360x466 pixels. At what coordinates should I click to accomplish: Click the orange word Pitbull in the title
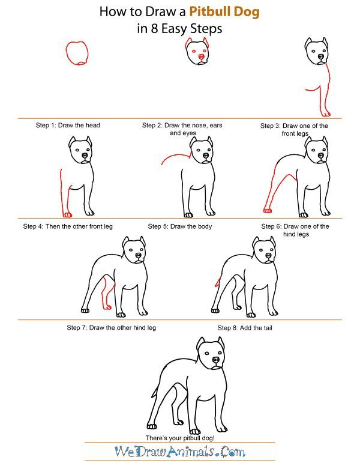tap(209, 12)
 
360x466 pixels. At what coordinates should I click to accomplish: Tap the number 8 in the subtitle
tap(154, 29)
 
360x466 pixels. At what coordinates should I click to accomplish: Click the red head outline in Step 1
tap(66, 53)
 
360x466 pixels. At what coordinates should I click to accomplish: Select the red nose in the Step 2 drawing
tap(201, 56)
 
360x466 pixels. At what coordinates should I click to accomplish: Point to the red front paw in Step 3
tap(326, 113)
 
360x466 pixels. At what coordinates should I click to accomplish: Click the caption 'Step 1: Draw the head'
tap(68, 125)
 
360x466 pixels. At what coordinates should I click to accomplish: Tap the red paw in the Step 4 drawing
tap(67, 214)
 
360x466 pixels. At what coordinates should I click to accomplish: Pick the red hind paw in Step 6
tap(268, 210)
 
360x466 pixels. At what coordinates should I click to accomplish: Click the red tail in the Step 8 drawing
tap(218, 282)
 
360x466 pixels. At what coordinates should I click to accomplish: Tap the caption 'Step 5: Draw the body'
tap(180, 226)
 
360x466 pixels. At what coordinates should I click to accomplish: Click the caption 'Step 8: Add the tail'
tap(245, 328)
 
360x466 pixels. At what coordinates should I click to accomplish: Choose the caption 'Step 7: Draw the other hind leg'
tap(112, 327)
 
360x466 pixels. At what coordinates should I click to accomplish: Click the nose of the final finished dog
tap(215, 360)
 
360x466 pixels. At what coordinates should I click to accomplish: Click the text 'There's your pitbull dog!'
tap(180, 438)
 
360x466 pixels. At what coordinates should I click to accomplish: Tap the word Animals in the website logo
tap(190, 452)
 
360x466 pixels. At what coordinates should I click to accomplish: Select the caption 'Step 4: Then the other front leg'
tap(68, 226)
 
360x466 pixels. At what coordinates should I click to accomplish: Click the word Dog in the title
tap(247, 13)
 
